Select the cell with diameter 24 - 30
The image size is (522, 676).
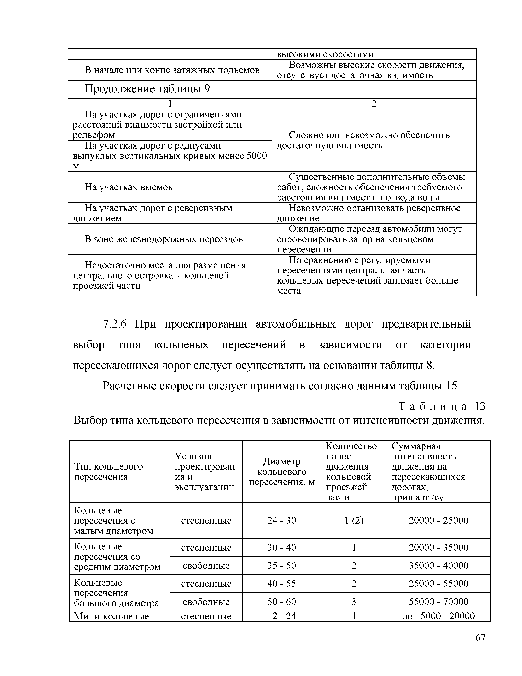281,520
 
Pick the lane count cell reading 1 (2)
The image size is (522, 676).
354,520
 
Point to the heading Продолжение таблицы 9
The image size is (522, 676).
147,89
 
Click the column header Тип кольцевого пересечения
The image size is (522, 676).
108,471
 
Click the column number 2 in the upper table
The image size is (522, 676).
374,104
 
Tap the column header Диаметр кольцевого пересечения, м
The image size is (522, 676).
281,471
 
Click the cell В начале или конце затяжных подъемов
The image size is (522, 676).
172,70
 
